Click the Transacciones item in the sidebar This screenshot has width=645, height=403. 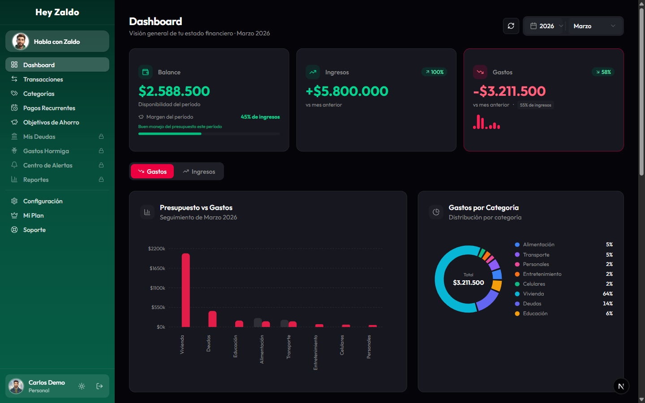(x=43, y=79)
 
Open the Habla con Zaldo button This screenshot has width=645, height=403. (x=57, y=42)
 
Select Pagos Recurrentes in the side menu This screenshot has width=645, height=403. (x=49, y=108)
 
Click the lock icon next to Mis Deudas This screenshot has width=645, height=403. (x=101, y=137)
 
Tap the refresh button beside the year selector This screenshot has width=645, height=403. (x=511, y=26)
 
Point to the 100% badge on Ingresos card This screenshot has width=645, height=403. (x=434, y=72)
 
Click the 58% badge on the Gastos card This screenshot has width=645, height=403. (x=603, y=72)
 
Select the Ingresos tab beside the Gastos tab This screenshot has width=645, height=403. (x=199, y=171)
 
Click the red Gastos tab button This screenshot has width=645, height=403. (x=152, y=171)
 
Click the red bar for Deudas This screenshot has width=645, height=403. (x=212, y=319)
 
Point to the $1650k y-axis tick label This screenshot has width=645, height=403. (x=157, y=268)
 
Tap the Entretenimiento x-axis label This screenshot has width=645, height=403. (x=315, y=352)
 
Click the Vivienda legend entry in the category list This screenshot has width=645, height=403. (x=533, y=294)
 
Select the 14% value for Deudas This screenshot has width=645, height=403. (x=607, y=304)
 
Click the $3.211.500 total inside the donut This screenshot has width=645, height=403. (x=468, y=283)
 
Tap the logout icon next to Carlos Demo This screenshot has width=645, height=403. (x=99, y=386)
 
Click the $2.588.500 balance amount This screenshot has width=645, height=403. (x=174, y=91)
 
